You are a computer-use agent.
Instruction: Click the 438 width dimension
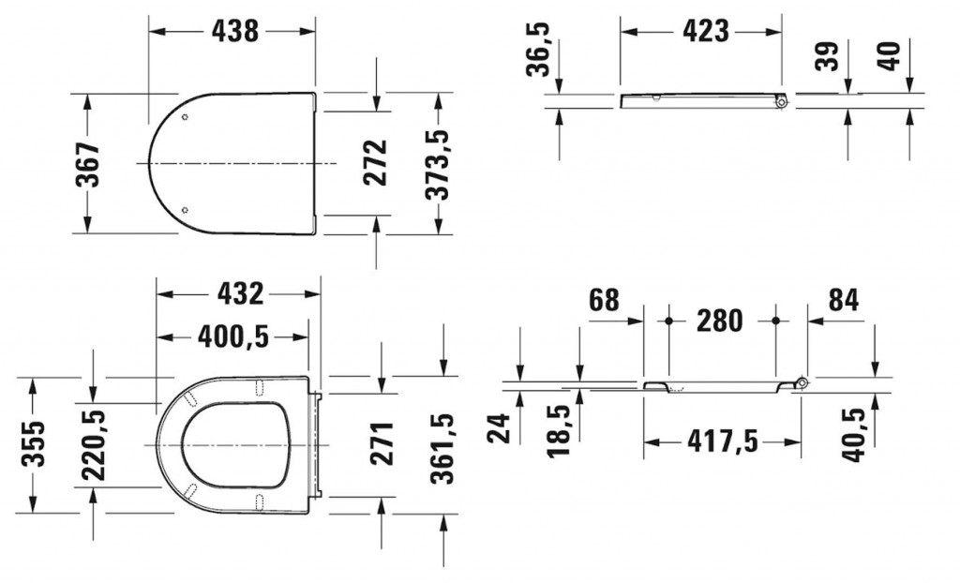click(x=235, y=31)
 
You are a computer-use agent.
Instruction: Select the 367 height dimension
click(x=87, y=164)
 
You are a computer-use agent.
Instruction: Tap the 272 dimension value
click(x=375, y=163)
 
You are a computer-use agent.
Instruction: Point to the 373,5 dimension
click(x=438, y=164)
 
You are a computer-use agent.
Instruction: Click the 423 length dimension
click(x=705, y=31)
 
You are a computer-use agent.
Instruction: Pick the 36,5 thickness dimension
click(x=539, y=50)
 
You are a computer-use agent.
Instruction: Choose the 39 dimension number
click(x=829, y=56)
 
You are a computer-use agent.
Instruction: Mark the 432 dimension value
click(x=241, y=294)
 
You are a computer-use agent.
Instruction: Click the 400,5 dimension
click(x=233, y=336)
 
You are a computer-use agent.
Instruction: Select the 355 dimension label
click(x=33, y=443)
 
